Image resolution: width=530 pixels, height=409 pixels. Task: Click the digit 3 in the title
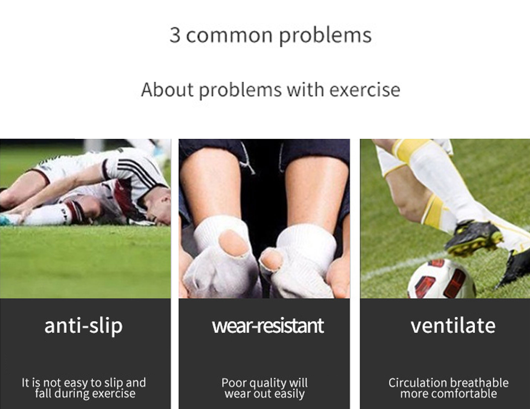(175, 35)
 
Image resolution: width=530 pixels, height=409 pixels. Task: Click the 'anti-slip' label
(83, 326)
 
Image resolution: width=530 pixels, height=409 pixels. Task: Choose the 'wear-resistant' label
(268, 326)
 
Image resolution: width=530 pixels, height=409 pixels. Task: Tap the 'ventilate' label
(453, 326)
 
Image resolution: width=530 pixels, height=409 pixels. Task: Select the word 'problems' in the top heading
(325, 36)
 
